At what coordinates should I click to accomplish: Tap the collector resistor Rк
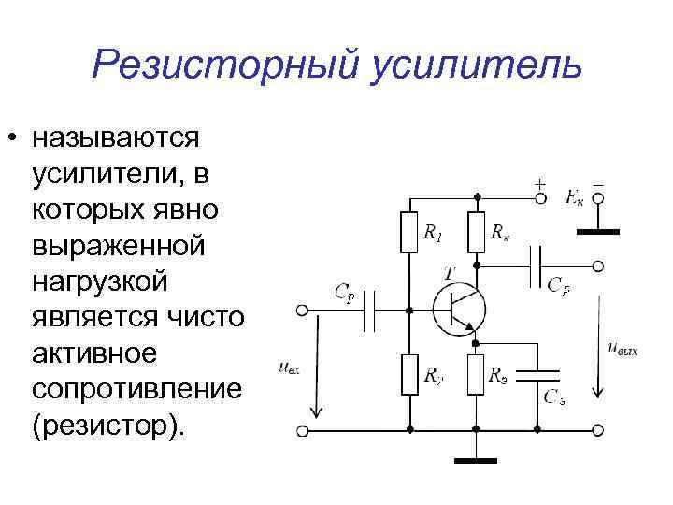click(x=476, y=233)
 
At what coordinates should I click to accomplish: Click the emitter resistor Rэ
click(x=476, y=378)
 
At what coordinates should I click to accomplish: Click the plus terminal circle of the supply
click(x=539, y=197)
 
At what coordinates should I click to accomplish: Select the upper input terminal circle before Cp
click(x=301, y=309)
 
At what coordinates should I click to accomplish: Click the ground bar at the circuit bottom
click(x=476, y=460)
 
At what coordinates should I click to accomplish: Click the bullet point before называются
click(x=12, y=139)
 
